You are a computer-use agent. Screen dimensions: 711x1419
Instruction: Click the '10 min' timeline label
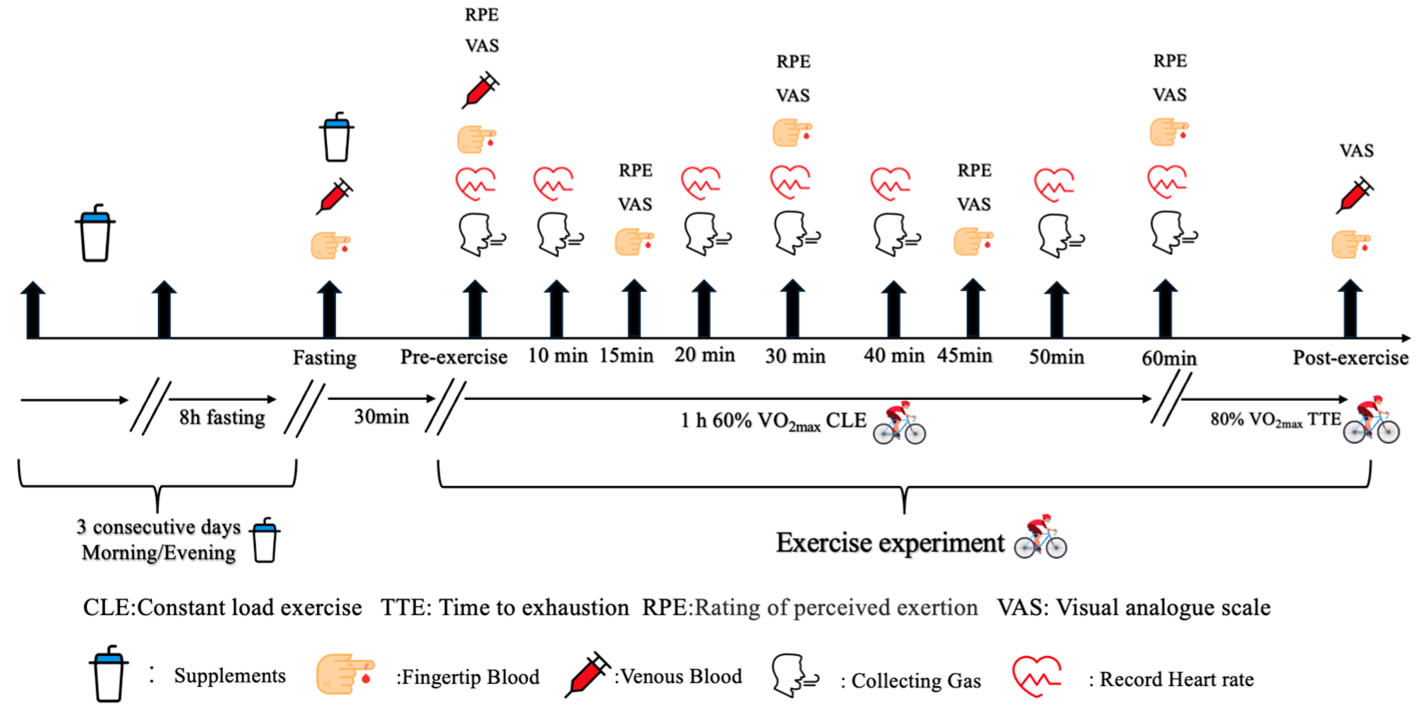(x=558, y=356)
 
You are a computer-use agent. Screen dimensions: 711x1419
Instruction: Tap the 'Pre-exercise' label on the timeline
(x=453, y=357)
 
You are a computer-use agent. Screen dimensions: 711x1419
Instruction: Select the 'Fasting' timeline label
(x=324, y=357)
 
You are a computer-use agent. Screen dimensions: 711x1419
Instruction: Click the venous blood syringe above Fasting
(x=334, y=196)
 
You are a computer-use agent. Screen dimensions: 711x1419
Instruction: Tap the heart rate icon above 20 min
(x=701, y=183)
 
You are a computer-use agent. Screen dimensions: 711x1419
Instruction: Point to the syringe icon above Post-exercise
(x=1355, y=195)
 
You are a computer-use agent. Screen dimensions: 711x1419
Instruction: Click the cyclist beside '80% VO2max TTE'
(x=1371, y=420)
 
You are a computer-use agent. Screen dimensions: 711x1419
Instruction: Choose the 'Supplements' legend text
(x=230, y=676)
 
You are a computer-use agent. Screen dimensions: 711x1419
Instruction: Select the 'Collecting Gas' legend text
(x=915, y=681)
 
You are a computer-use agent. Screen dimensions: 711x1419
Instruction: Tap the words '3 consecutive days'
(x=159, y=527)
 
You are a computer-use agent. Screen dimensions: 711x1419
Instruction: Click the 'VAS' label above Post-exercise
(x=1356, y=150)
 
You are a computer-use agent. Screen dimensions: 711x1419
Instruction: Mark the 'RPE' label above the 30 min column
(x=793, y=61)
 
